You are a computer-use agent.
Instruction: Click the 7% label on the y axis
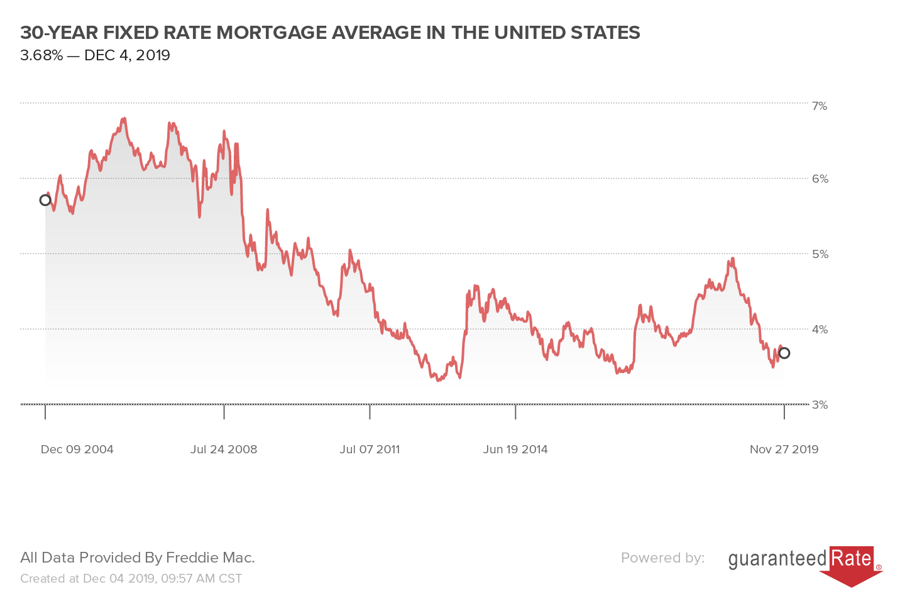[820, 106]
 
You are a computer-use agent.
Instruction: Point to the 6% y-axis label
[820, 179]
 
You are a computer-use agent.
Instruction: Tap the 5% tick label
[820, 254]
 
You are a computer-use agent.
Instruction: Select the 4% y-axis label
[820, 329]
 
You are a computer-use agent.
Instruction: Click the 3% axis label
[820, 405]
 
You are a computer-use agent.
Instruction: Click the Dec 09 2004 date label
[77, 450]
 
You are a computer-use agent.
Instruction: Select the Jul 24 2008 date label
[224, 450]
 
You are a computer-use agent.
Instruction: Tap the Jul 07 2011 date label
[370, 450]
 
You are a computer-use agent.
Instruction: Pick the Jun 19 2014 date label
[515, 450]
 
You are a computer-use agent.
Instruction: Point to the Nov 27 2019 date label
[784, 450]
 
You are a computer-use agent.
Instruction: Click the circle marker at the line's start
[45, 200]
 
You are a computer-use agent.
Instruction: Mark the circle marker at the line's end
[784, 353]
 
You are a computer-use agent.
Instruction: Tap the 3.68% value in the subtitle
[41, 56]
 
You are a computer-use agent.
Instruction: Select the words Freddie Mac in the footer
[210, 558]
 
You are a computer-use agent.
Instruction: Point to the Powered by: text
[662, 558]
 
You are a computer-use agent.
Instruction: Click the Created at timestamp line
[131, 578]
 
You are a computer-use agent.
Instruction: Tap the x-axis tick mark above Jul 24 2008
[224, 412]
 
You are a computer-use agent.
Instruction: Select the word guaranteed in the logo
[777, 559]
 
